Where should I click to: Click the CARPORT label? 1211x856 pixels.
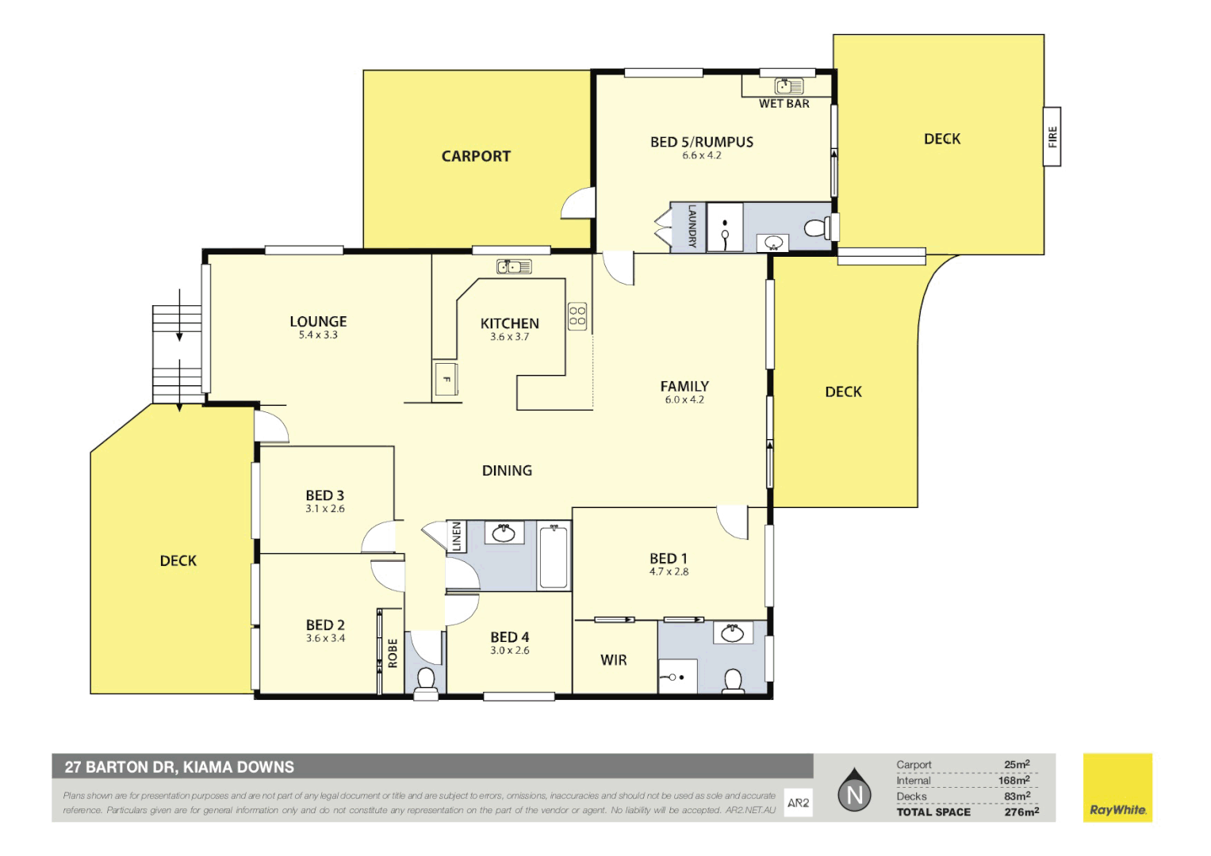[x=476, y=156]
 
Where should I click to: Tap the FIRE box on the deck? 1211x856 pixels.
[x=1052, y=136]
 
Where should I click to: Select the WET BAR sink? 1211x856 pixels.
[x=789, y=86]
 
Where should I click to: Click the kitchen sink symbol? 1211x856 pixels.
[x=514, y=267]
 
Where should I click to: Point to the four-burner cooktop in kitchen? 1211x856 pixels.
[x=577, y=316]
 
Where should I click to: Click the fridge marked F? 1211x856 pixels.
[x=446, y=379]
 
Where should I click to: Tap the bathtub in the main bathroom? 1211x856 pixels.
[x=554, y=556]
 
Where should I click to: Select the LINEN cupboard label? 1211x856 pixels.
[x=457, y=537]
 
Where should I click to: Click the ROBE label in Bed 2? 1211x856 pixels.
[x=393, y=653]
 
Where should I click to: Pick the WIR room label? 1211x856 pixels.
[x=614, y=659]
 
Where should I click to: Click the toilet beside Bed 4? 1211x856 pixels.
[x=426, y=680]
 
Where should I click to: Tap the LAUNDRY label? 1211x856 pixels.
[x=692, y=227]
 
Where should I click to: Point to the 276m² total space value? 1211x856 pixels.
[x=1021, y=812]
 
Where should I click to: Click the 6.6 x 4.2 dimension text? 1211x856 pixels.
[x=702, y=156]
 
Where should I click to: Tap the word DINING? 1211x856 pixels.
[x=507, y=471]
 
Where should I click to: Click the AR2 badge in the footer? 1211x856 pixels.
[x=798, y=803]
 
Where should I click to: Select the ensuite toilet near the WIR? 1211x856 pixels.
[x=733, y=680]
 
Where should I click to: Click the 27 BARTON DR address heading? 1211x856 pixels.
[x=179, y=767]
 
